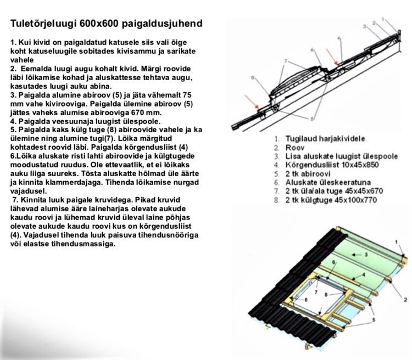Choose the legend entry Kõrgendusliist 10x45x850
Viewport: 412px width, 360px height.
pos(331,165)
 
